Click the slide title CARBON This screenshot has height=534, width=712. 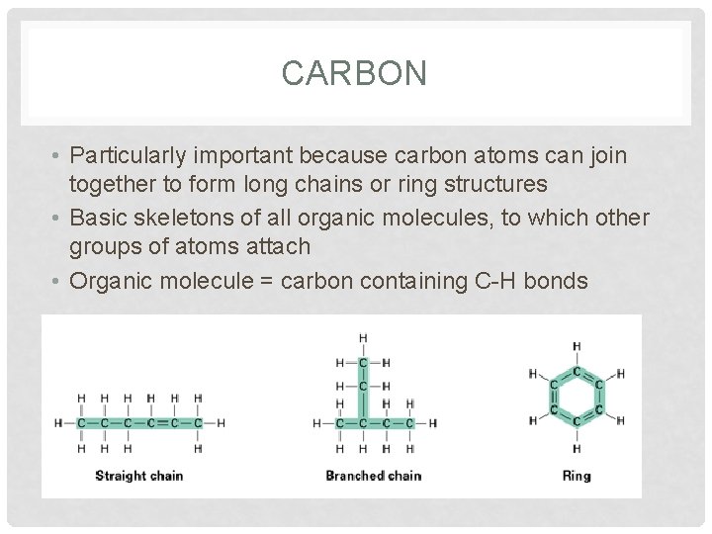[x=354, y=73]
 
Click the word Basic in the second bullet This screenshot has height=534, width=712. [x=105, y=217]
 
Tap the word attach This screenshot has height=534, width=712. [x=278, y=246]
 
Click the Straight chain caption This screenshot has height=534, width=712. [x=139, y=476]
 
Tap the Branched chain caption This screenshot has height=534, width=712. [x=373, y=476]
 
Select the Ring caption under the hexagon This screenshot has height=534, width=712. [x=576, y=476]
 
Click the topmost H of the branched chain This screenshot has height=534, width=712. [x=362, y=338]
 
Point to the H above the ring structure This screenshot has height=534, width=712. [x=577, y=346]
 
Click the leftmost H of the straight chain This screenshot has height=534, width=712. [x=57, y=423]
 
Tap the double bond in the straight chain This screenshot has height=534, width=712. [x=162, y=423]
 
